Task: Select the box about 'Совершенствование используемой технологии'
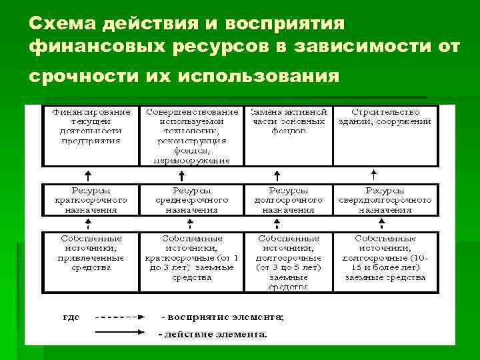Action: pyautogui.click(x=192, y=135)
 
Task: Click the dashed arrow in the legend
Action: pyautogui.click(x=117, y=317)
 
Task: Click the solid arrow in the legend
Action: pyautogui.click(x=117, y=333)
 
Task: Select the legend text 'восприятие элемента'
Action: pyautogui.click(x=224, y=317)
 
